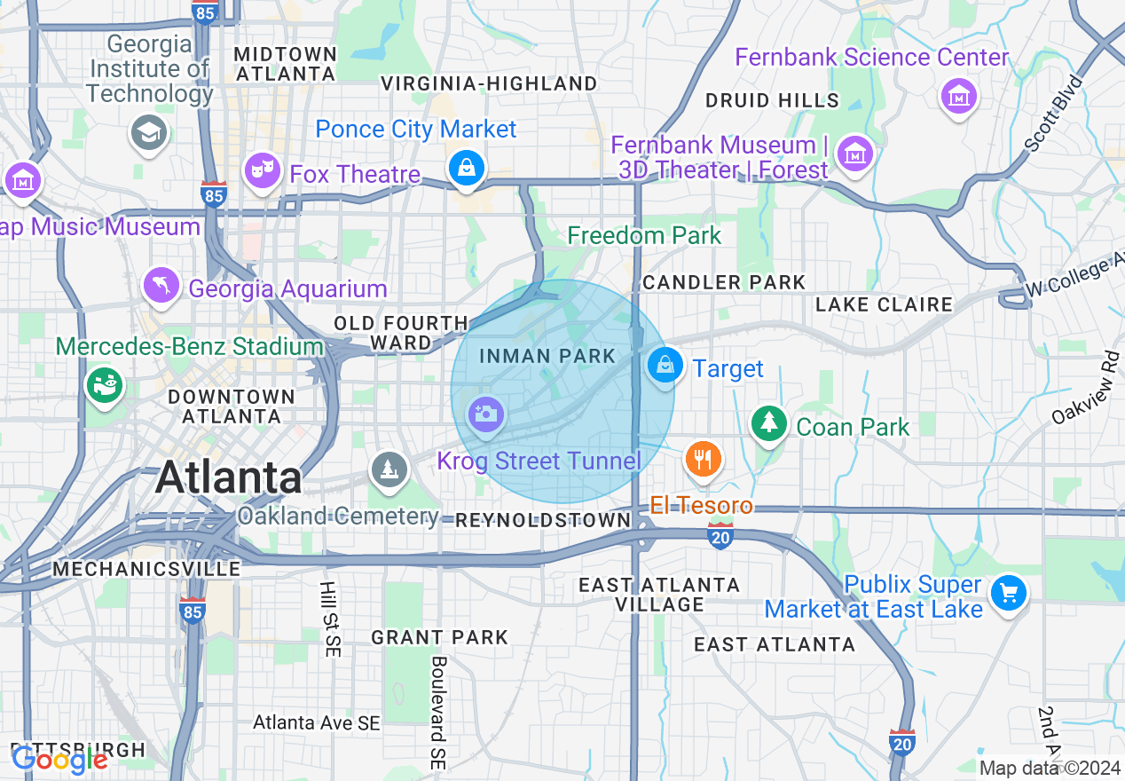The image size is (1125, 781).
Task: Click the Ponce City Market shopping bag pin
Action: click(x=466, y=167)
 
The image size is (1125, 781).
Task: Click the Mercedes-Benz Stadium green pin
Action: click(x=105, y=384)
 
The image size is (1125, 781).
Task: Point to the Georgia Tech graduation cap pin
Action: click(x=148, y=132)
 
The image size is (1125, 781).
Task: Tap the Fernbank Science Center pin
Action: click(x=959, y=95)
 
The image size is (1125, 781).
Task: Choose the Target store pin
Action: click(x=665, y=365)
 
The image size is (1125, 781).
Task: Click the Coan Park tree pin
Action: click(x=769, y=423)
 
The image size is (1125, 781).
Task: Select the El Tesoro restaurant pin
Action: click(x=703, y=459)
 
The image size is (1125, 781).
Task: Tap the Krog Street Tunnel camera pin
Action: click(x=485, y=414)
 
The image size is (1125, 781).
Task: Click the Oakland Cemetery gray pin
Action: click(x=389, y=469)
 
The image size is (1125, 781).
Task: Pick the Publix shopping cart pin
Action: click(x=1009, y=592)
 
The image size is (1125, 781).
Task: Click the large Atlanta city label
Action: click(x=229, y=478)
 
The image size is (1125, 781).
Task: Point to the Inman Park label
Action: click(x=547, y=356)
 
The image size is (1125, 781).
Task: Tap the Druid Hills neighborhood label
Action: click(x=772, y=100)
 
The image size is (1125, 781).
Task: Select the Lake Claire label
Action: click(x=884, y=304)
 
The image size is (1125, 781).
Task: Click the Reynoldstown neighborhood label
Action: click(x=542, y=520)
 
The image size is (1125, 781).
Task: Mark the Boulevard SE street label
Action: click(x=437, y=713)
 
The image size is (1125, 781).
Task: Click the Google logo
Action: click(x=59, y=761)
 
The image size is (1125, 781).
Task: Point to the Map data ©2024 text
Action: click(x=1050, y=768)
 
